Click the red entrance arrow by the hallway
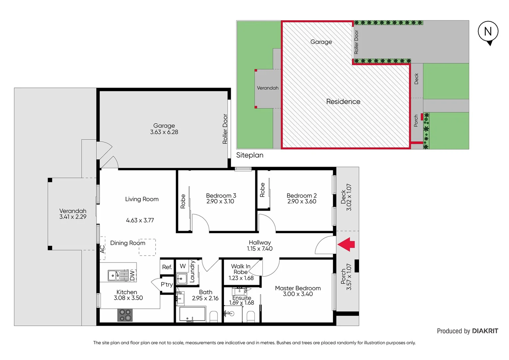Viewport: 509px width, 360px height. [x=346, y=244]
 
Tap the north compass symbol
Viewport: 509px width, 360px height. [x=488, y=32]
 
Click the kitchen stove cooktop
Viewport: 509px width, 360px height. [x=125, y=315]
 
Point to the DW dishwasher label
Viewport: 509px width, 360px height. [x=132, y=276]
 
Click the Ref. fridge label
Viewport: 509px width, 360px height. [x=167, y=267]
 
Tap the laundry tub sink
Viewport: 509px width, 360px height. [x=182, y=278]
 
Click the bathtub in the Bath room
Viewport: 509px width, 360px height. [x=192, y=314]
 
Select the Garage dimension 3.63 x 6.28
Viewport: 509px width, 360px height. [x=164, y=132]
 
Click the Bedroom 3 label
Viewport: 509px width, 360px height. [x=221, y=196]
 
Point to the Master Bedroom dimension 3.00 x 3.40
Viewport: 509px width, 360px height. [x=298, y=294]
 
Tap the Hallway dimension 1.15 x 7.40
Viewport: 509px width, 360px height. [x=259, y=249]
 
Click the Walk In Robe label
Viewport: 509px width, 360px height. [x=241, y=269]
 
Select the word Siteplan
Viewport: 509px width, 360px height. [x=250, y=155]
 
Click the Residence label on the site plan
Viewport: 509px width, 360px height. [x=343, y=102]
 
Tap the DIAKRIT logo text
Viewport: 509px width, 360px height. [x=485, y=331]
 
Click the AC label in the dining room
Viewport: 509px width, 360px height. [x=103, y=249]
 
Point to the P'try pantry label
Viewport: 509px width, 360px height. [x=167, y=284]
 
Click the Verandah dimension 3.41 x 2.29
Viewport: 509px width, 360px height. [x=73, y=217]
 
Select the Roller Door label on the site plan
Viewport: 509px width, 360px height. [x=356, y=42]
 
